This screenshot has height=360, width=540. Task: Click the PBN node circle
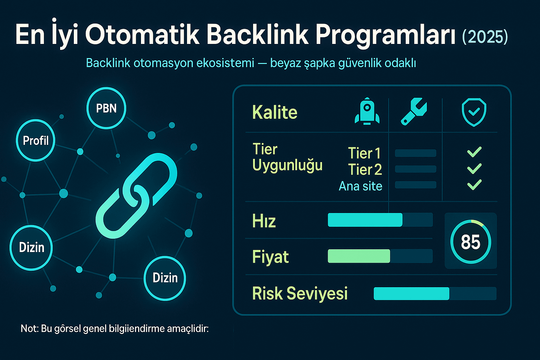click(106, 108)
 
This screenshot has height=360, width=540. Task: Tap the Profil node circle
click(36, 140)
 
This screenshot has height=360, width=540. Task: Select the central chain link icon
click(136, 195)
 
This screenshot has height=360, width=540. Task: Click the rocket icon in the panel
click(367, 111)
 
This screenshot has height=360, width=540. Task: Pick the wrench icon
click(414, 111)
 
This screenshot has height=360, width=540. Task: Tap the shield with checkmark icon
click(474, 112)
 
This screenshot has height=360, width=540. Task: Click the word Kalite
click(275, 112)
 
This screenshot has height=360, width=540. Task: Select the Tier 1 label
click(364, 153)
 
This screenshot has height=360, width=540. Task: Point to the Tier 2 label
click(365, 170)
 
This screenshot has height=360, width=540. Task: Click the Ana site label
click(360, 186)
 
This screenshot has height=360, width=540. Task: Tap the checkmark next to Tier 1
click(474, 152)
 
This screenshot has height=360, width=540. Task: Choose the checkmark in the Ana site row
click(474, 185)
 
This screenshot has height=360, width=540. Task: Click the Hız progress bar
click(380, 220)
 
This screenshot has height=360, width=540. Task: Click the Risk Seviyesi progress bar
click(435, 294)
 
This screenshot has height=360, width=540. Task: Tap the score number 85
click(470, 242)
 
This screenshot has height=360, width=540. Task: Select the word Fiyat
click(270, 257)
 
